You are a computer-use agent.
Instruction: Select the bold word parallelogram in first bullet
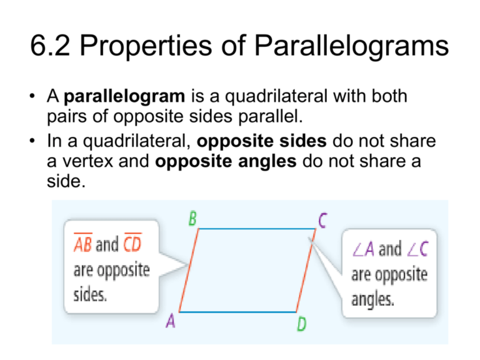point(124,97)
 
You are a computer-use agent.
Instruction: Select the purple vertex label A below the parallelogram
point(170,321)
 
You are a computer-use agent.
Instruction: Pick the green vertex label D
point(302,324)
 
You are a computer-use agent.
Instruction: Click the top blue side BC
point(256,229)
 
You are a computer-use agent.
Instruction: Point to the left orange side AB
point(189,270)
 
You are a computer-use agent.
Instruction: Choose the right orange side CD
point(306,270)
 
